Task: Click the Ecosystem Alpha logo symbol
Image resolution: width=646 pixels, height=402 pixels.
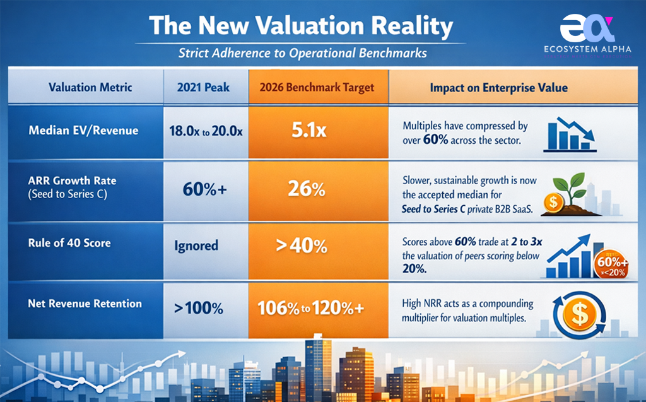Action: (x=587, y=28)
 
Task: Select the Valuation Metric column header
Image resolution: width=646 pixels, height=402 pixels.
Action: (x=90, y=87)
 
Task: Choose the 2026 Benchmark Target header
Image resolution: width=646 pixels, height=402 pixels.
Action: (x=317, y=87)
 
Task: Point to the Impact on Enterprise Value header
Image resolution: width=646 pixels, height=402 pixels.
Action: (x=498, y=87)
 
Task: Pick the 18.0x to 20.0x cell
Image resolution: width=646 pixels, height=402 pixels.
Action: (x=206, y=132)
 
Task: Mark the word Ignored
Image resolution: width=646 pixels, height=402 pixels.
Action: (x=196, y=245)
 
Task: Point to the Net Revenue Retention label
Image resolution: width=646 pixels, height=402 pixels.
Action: (x=85, y=304)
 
